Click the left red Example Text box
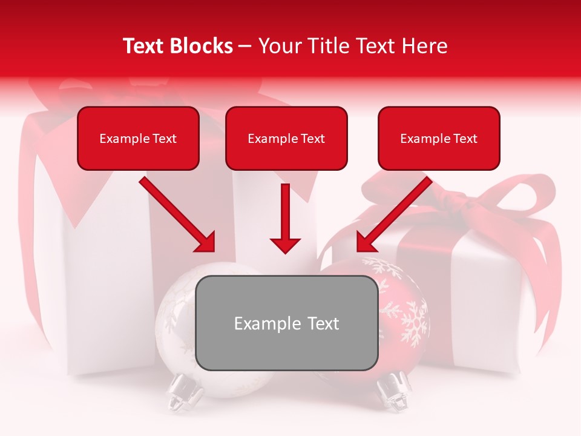point(138,138)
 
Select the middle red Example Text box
point(286,138)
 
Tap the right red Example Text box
point(439,138)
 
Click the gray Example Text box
point(286,323)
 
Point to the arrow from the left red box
point(176,213)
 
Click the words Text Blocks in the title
point(178,46)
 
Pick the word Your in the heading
point(278,46)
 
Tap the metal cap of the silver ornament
point(185,391)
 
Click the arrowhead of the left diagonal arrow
point(206,243)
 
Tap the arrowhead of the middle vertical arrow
point(286,245)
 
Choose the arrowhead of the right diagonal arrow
point(365,243)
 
